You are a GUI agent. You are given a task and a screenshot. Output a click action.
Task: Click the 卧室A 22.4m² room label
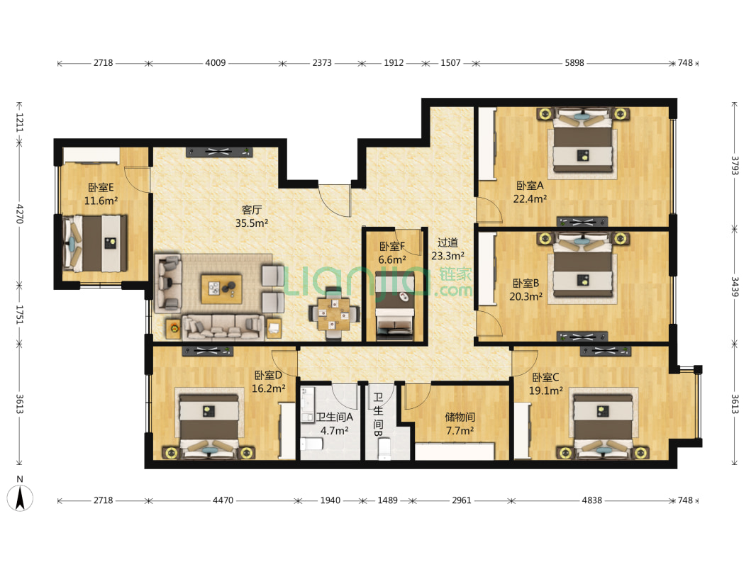click(x=529, y=192)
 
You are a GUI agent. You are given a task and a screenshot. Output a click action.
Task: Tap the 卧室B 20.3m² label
click(x=526, y=289)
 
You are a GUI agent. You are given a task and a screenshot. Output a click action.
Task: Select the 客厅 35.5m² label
click(x=251, y=216)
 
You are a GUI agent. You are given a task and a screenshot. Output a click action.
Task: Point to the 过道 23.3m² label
click(x=448, y=249)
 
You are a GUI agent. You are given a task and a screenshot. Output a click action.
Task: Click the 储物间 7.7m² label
click(x=460, y=423)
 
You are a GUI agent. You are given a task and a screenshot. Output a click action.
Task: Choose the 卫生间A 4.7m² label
click(x=334, y=423)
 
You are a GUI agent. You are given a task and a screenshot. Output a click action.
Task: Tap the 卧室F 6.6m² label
click(x=392, y=253)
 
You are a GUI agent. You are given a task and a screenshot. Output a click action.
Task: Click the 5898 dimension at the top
click(x=574, y=62)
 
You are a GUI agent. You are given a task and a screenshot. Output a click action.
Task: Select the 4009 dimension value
click(x=215, y=62)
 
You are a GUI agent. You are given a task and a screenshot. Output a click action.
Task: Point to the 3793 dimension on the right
click(x=734, y=165)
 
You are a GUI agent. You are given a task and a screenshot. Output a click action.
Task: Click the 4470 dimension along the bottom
click(x=223, y=500)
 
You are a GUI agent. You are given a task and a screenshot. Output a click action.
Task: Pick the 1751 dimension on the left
click(x=20, y=314)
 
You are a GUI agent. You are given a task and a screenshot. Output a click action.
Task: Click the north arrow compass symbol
click(x=20, y=494)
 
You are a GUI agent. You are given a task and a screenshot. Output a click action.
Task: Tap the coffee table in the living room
click(x=221, y=288)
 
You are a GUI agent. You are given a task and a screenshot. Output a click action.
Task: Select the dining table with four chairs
click(x=333, y=313)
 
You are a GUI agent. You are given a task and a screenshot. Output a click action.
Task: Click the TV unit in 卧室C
click(x=605, y=351)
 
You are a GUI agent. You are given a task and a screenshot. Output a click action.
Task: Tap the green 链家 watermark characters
click(x=455, y=274)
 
